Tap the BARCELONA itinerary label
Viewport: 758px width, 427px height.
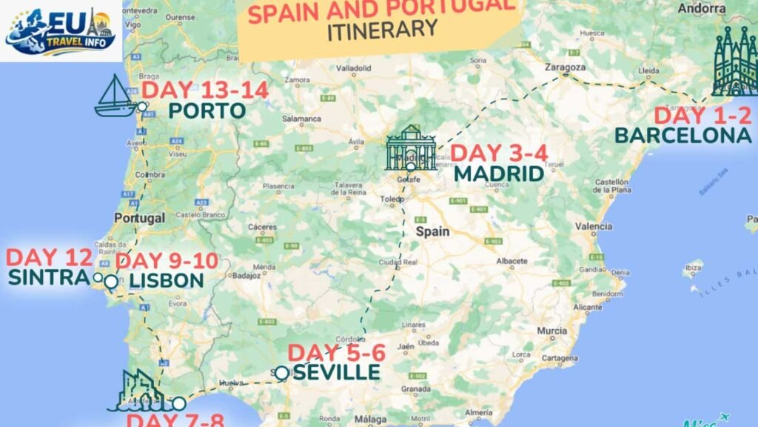[682, 135]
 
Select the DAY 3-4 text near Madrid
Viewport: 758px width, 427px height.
[499, 154]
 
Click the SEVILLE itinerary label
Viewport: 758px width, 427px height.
[336, 371]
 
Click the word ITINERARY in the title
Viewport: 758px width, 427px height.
[382, 29]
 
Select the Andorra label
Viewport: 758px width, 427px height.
[701, 9]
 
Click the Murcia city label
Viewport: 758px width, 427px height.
[553, 330]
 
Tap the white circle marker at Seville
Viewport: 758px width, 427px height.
[281, 373]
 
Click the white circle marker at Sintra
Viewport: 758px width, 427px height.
[97, 277]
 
